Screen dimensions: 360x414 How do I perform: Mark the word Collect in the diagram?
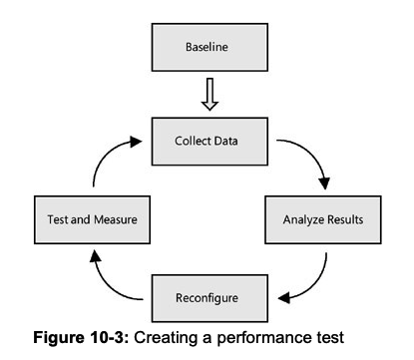[193, 141]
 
